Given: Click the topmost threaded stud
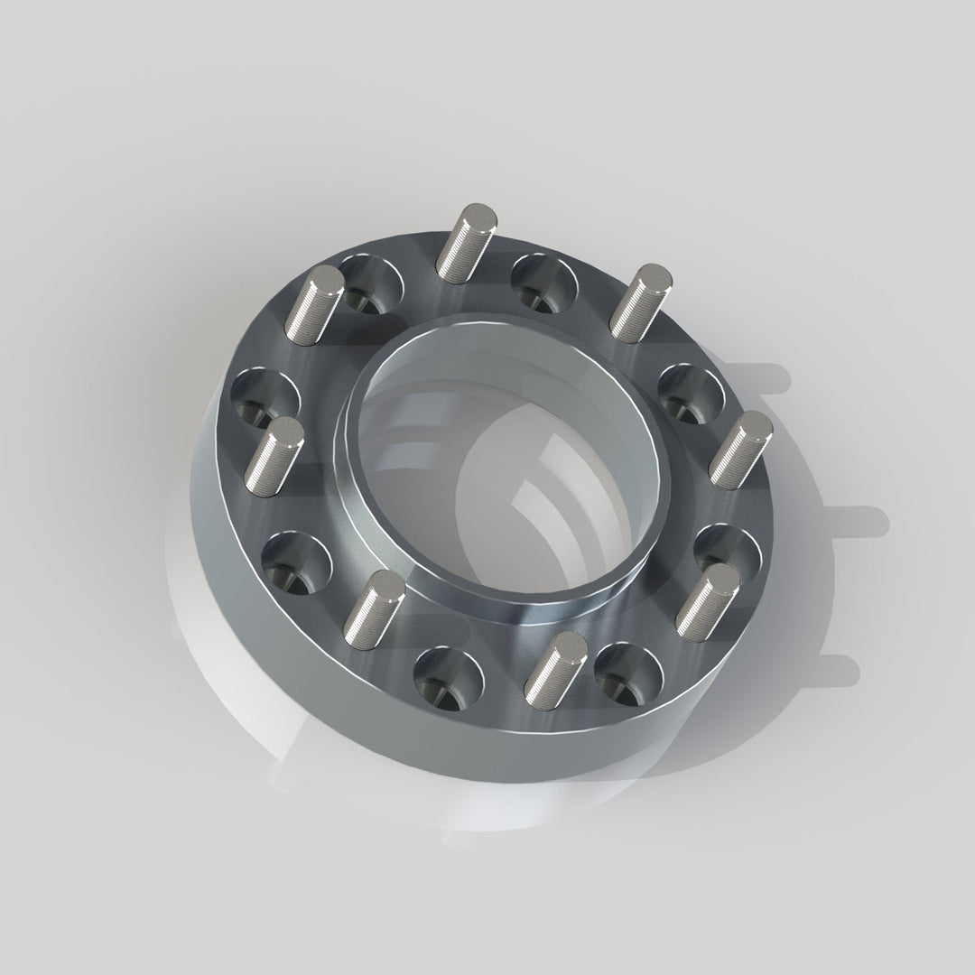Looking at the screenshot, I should tap(465, 239).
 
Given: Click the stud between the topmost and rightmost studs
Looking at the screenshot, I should tap(637, 299).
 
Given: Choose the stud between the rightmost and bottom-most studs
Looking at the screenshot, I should tap(707, 599).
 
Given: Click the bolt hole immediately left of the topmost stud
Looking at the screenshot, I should tap(370, 283).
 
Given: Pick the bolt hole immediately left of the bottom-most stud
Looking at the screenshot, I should tap(448, 678).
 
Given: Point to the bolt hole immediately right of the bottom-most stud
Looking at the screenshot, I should tap(628, 673).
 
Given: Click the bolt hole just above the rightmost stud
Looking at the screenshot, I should tap(690, 393).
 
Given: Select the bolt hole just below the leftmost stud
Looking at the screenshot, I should tap(297, 562).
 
